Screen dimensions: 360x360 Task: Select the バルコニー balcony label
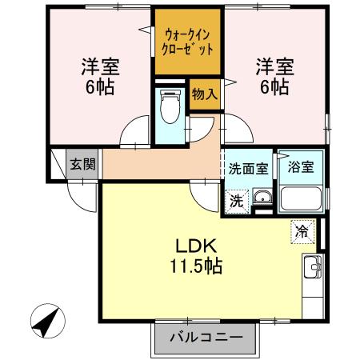coord(206,338)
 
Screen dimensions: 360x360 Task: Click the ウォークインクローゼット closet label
coord(188,41)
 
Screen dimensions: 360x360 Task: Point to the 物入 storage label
coord(204,94)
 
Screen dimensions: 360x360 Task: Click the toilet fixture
coord(168,106)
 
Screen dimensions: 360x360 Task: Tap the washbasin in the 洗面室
coord(262,199)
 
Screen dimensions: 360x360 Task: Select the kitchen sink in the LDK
coord(312,265)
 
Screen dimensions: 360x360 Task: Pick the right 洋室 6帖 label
coord(272,75)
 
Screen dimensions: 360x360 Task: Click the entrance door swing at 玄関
coord(80,192)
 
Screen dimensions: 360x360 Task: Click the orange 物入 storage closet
coord(204,94)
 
